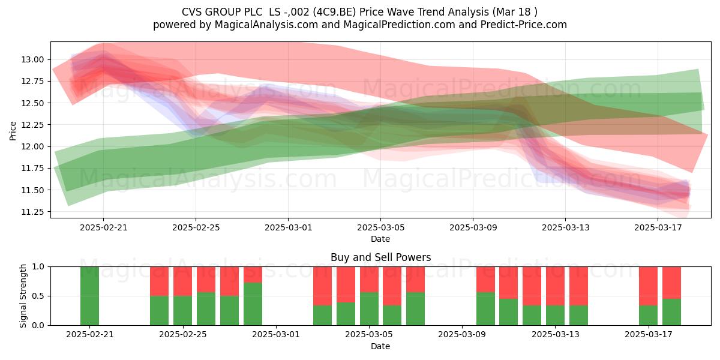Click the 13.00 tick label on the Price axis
(32, 60)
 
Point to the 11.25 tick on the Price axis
(32, 212)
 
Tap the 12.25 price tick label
(32, 125)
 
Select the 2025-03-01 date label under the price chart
(289, 227)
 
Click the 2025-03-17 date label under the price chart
(658, 227)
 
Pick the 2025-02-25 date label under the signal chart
(183, 335)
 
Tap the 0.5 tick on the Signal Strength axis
(38, 296)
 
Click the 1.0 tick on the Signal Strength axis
(38, 267)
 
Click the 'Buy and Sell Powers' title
(380, 257)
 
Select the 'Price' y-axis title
(13, 131)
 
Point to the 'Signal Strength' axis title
(23, 296)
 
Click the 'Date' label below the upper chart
(380, 239)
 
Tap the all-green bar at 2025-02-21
(89, 296)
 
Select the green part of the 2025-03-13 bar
(555, 316)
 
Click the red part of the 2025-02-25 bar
(182, 281)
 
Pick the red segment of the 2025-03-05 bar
(369, 280)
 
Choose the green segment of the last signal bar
(671, 312)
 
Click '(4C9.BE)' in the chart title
(334, 12)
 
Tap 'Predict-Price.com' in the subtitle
(524, 25)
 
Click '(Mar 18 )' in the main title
(514, 12)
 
